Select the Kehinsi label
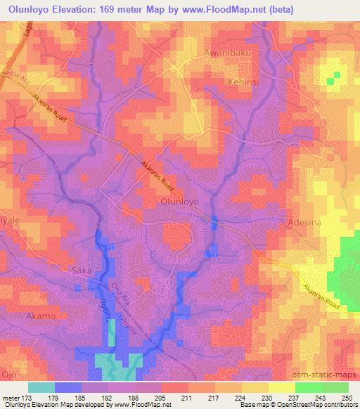(x=243, y=82)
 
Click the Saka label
(x=83, y=270)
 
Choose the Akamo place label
(x=40, y=316)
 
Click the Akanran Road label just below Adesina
(x=321, y=296)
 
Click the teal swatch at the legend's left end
(x=41, y=387)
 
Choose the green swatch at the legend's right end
(x=335, y=387)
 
